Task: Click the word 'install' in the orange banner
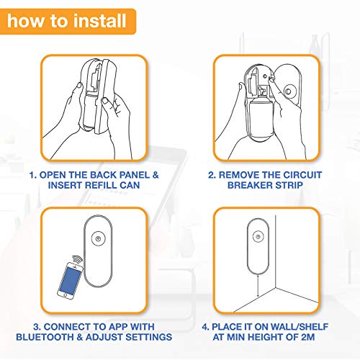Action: [99, 20]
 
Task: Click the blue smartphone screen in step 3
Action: [70, 279]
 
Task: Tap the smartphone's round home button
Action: [65, 294]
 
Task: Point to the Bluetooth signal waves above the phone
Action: [77, 259]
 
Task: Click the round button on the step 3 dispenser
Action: [98, 238]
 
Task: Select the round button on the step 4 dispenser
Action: [258, 236]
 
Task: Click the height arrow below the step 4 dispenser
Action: [258, 286]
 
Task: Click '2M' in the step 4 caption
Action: [308, 337]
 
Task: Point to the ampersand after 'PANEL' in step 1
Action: [156, 175]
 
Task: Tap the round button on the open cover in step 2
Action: [288, 91]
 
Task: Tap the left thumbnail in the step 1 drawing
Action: [79, 86]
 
